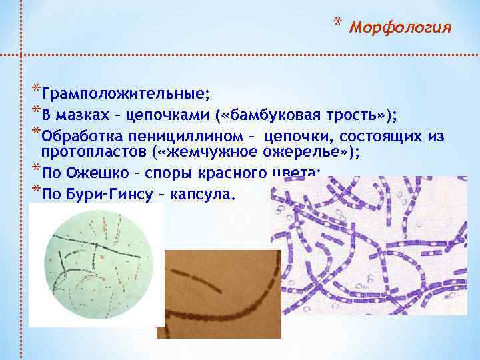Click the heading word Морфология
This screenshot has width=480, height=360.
tap(401, 28)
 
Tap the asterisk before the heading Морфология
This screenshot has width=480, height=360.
tap(339, 25)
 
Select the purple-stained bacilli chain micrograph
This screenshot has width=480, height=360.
tap(373, 240)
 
